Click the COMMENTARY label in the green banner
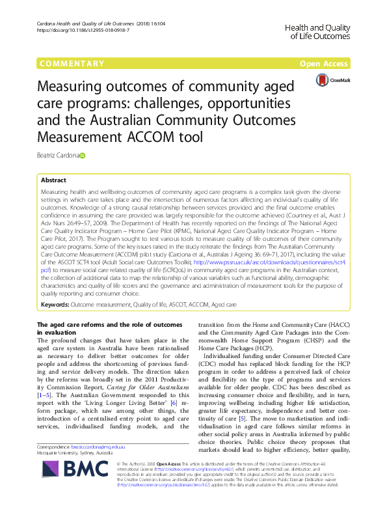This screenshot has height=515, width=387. pyautogui.click(x=72, y=64)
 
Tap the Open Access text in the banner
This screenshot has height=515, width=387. pyautogui.click(x=325, y=64)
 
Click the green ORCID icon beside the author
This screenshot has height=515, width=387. pyautogui.click(x=83, y=156)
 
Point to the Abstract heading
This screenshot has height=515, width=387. pyautogui.click(x=53, y=180)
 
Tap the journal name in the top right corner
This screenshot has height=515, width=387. pyautogui.click(x=317, y=31)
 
